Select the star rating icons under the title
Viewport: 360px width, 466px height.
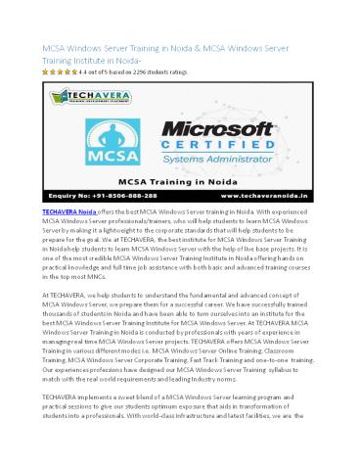point(52,72)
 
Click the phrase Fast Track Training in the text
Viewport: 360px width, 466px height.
point(229,390)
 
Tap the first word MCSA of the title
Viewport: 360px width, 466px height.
point(52,48)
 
